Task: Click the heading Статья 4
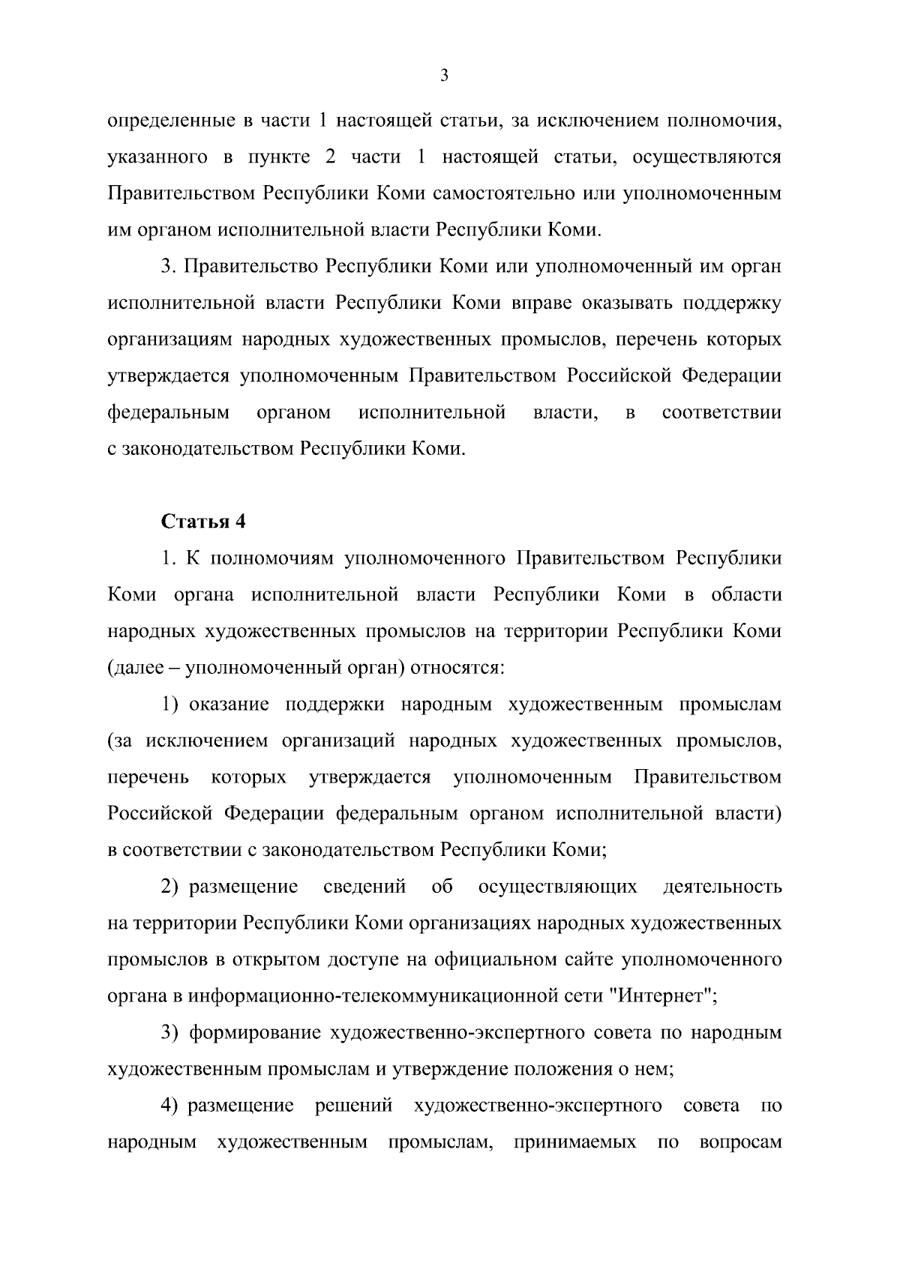(204, 522)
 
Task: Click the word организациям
(169, 340)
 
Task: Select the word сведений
(364, 887)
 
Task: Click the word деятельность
(722, 887)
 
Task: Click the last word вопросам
(739, 1142)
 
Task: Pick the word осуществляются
(706, 157)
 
